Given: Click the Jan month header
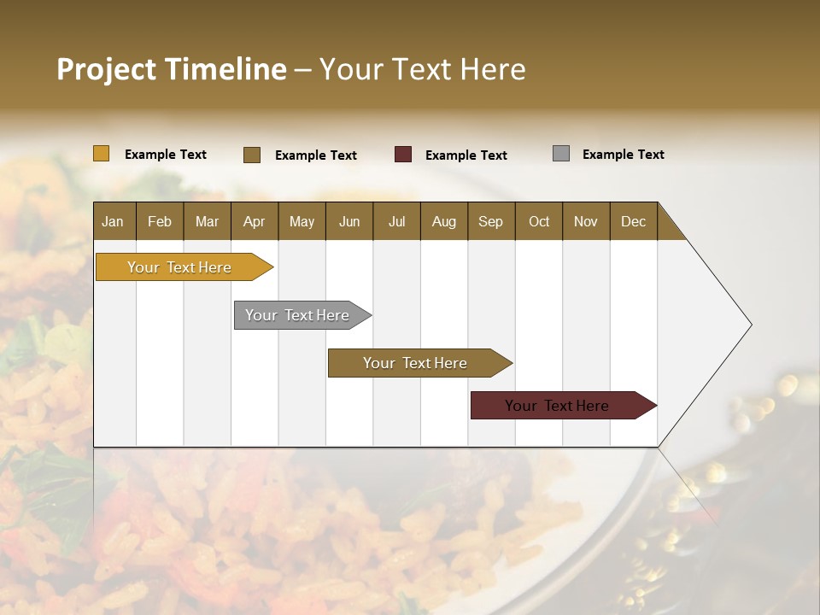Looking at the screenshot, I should [114, 221].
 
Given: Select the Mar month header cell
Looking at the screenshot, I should [207, 221].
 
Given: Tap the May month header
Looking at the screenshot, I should [302, 221].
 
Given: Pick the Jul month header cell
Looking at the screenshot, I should [396, 221].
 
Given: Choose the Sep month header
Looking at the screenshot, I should [491, 221].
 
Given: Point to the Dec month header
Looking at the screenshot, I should [633, 221].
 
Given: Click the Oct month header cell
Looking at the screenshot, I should [539, 221].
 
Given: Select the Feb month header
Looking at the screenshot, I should [160, 221].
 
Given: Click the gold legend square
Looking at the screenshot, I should [102, 154].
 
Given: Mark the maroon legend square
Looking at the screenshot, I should [403, 155].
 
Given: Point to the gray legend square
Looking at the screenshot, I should [561, 154].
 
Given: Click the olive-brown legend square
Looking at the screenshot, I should [252, 155].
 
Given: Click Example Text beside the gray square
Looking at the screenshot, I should [623, 155].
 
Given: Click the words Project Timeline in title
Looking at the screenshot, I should [172, 69].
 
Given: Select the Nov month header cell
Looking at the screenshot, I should [586, 221].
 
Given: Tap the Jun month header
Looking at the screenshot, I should [349, 221].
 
